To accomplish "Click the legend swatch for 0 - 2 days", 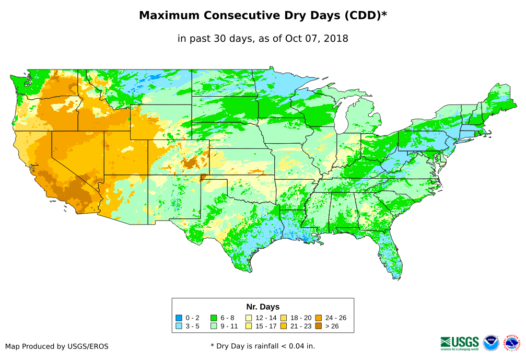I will [179, 318].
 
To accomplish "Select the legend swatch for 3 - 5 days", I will [179, 326].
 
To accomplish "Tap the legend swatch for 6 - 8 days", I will [214, 318].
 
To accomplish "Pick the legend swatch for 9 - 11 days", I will [214, 326].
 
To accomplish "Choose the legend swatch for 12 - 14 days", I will [249, 318].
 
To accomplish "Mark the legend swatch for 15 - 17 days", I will [249, 326].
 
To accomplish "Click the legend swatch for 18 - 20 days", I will [283, 318].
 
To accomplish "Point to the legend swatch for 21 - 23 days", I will [283, 326].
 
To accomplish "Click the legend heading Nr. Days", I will [263, 307].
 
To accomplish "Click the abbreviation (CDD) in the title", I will [362, 16].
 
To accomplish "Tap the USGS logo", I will [460, 343].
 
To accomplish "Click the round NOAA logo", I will [491, 343].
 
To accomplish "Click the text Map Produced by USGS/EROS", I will [57, 346].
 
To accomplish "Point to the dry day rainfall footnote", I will [263, 346].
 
